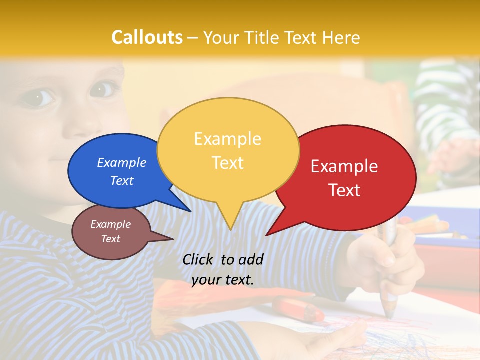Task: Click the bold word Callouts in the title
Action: click(x=147, y=37)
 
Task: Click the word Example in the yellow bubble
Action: click(x=227, y=138)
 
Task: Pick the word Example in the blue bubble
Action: click(x=122, y=162)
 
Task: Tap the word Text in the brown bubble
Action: click(x=111, y=239)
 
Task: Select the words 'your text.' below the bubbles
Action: click(x=223, y=280)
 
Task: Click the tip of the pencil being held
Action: click(x=389, y=316)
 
